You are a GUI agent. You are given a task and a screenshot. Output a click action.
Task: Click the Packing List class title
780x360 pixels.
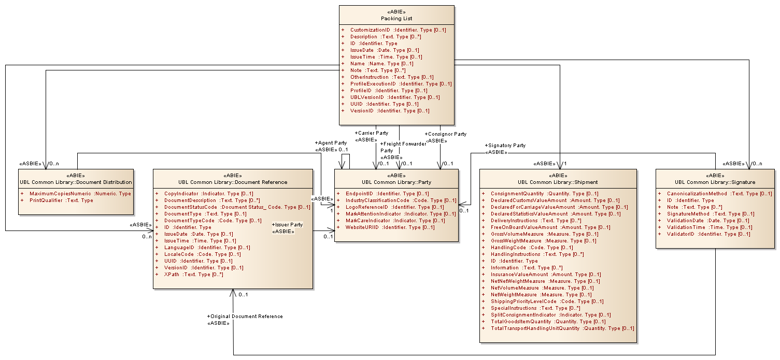[x=396, y=19]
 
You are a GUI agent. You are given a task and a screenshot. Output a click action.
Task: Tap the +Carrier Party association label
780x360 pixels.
[x=371, y=133]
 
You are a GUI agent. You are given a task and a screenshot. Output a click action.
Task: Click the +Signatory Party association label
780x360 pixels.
[x=505, y=146]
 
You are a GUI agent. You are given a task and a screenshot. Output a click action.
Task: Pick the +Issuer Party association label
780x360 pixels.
[x=287, y=225]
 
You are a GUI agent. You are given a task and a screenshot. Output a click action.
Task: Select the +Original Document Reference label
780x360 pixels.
[x=245, y=316]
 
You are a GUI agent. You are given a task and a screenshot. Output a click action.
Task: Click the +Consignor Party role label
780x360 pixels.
[x=445, y=134]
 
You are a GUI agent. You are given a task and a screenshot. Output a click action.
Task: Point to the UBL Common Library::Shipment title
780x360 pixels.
[x=558, y=182]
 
